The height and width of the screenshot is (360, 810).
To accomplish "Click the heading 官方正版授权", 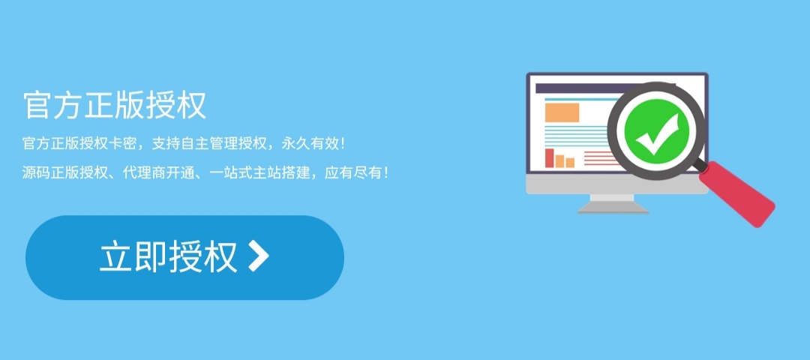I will tap(115, 106).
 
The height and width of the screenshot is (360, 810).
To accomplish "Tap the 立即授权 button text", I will tap(169, 257).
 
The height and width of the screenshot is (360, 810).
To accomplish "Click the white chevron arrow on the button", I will tap(258, 256).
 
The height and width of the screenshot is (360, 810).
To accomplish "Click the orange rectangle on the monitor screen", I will tap(562, 112).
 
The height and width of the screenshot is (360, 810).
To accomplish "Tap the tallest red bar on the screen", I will tap(549, 158).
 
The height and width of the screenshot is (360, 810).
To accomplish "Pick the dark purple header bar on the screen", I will tap(570, 88).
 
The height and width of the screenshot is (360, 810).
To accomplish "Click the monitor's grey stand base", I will tap(613, 210).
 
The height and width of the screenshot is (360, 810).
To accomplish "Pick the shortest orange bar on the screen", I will tap(570, 163).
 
